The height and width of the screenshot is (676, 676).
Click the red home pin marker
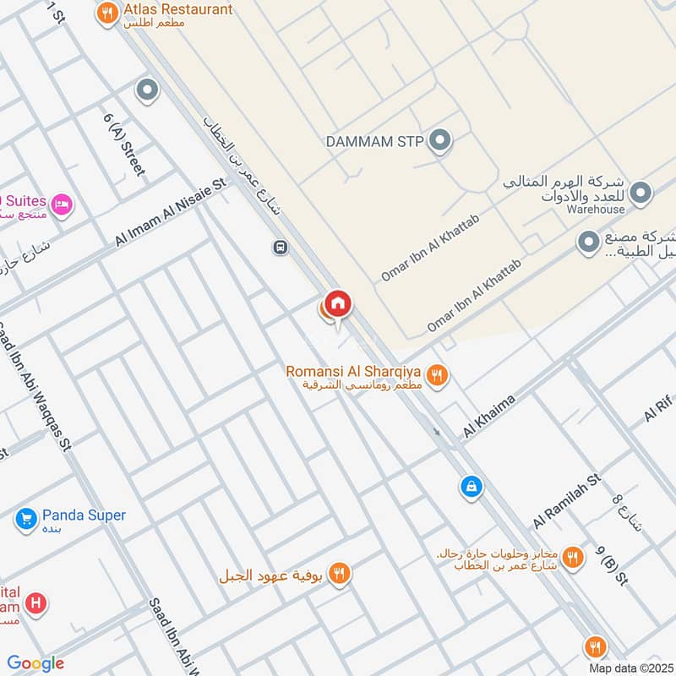[x=337, y=303]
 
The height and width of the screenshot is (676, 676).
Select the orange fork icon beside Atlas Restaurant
[x=106, y=13]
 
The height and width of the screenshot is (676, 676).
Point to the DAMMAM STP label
[x=374, y=141]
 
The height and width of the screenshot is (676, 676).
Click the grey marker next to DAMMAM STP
[x=439, y=141]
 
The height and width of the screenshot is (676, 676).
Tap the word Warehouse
[x=596, y=210]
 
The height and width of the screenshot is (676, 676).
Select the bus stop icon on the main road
[x=280, y=248]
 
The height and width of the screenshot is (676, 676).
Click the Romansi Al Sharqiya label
[x=353, y=371]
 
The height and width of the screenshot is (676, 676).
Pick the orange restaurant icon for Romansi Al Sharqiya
[x=436, y=375]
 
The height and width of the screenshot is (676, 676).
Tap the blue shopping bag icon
[x=470, y=487]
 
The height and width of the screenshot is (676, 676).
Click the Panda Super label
[x=84, y=515]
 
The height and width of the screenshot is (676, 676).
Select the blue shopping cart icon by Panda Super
[x=25, y=519]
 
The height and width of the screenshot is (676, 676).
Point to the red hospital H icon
[x=35, y=603]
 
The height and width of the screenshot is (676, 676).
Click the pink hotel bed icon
[x=61, y=204]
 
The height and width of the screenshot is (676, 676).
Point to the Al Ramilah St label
[x=566, y=500]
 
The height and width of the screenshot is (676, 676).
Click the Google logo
[x=35, y=663]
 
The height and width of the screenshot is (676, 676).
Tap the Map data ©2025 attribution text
[x=629, y=668]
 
